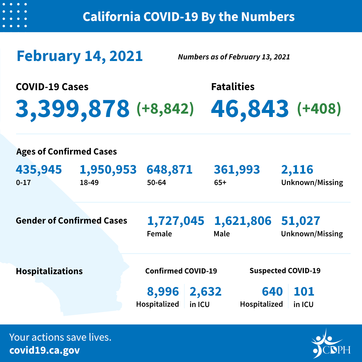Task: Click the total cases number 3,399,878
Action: pyautogui.click(x=72, y=109)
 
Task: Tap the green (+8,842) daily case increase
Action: pyautogui.click(x=165, y=109)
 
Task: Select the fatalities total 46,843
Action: pyautogui.click(x=250, y=109)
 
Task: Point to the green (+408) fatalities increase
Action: pyautogui.click(x=319, y=109)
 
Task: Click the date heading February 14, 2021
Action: pyautogui.click(x=80, y=56)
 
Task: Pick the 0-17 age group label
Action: pyautogui.click(x=22, y=183)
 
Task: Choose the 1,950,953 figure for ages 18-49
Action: pyautogui.click(x=108, y=170)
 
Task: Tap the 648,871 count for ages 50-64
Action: pyautogui.click(x=170, y=170)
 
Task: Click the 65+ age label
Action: pyautogui.click(x=220, y=183)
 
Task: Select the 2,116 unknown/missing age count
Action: pyautogui.click(x=297, y=170)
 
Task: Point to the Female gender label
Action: pyautogui.click(x=160, y=234)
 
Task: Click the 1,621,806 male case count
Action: pyautogui.click(x=243, y=221)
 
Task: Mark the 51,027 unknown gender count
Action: pyautogui.click(x=301, y=221)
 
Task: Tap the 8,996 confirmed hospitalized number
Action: pyautogui.click(x=163, y=291)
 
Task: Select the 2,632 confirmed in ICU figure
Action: pyautogui.click(x=205, y=291)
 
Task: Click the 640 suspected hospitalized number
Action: pyautogui.click(x=272, y=291)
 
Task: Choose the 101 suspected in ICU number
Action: pyautogui.click(x=304, y=291)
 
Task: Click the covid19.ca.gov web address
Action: pyautogui.click(x=45, y=350)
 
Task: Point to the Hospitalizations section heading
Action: pyautogui.click(x=49, y=271)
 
